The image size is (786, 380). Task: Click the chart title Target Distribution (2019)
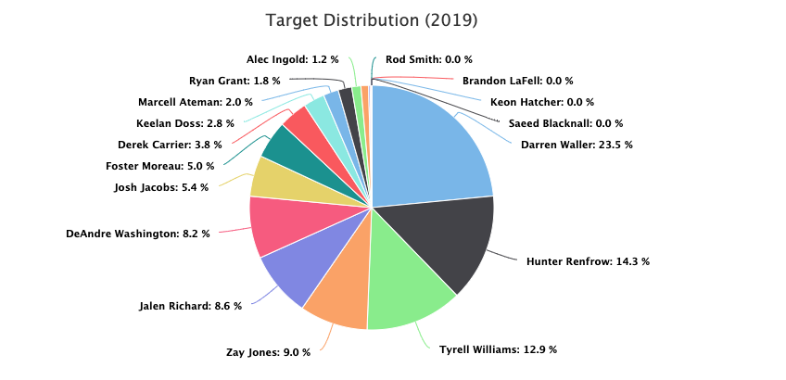(x=372, y=20)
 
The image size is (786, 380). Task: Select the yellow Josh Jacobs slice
(x=273, y=178)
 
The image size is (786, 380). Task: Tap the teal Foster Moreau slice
(x=282, y=146)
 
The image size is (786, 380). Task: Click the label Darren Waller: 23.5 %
(x=571, y=145)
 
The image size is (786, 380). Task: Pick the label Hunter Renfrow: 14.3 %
(x=588, y=261)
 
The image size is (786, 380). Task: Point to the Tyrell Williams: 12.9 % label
(x=498, y=349)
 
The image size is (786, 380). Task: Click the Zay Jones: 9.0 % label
(x=268, y=352)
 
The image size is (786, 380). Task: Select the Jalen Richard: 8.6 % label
(x=190, y=305)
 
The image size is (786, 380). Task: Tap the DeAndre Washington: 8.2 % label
(x=138, y=234)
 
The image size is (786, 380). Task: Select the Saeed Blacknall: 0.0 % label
(x=565, y=123)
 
